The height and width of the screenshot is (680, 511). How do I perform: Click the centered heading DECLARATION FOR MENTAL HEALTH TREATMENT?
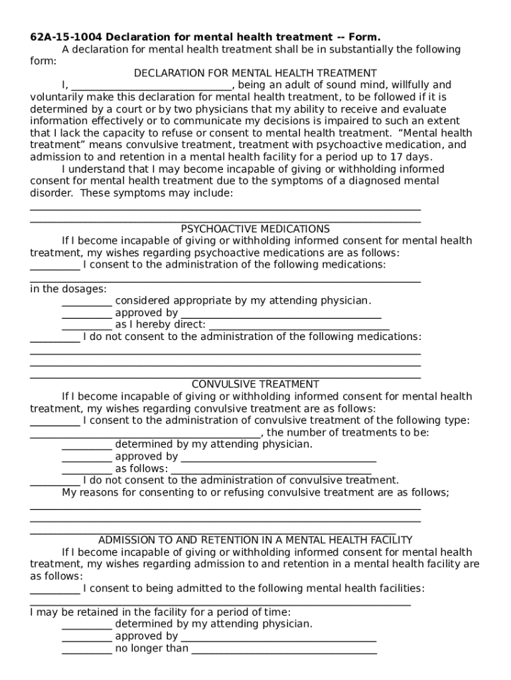pyautogui.click(x=256, y=73)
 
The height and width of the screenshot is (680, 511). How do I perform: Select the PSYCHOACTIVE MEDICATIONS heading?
pyautogui.click(x=256, y=229)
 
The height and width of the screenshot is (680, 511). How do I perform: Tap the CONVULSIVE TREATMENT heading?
pyautogui.click(x=256, y=384)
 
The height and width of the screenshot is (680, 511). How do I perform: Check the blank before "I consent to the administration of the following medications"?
pyautogui.click(x=55, y=266)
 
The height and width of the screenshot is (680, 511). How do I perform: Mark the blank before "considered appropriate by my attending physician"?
pyautogui.click(x=87, y=301)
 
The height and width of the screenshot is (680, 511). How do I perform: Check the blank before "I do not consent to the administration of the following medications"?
pyautogui.click(x=55, y=337)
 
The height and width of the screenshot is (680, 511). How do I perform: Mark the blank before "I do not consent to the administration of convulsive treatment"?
pyautogui.click(x=55, y=481)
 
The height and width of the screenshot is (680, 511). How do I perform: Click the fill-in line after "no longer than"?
pyautogui.click(x=284, y=649)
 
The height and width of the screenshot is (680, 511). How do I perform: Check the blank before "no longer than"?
pyautogui.click(x=87, y=649)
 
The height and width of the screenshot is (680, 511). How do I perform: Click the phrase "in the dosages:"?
pyautogui.click(x=68, y=290)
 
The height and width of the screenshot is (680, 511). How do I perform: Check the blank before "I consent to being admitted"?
pyautogui.click(x=55, y=589)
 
